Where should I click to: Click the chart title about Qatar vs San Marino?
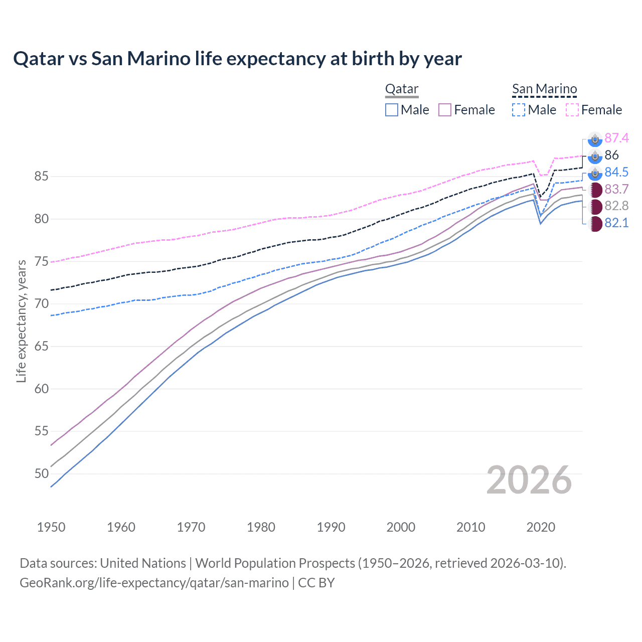[237, 59]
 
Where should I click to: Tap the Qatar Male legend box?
[392, 110]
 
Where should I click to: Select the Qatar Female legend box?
[445, 110]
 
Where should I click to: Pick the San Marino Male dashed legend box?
[519, 110]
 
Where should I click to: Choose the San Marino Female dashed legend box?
[572, 110]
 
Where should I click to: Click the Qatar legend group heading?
[402, 89]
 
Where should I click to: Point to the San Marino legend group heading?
[544, 89]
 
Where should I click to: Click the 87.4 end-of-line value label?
[616, 138]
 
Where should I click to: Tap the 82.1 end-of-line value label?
[616, 223]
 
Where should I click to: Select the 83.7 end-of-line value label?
[616, 189]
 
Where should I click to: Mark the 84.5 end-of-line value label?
[616, 172]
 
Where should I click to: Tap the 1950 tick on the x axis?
[51, 527]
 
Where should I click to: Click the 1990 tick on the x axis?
[331, 527]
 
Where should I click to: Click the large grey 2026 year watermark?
[529, 480]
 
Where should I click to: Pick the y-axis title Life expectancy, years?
[21, 321]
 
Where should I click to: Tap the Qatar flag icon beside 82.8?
[595, 206]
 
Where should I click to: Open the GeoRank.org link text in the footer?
[154, 583]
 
